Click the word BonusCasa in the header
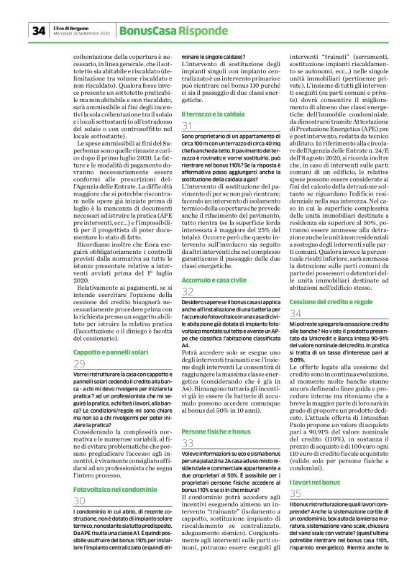145,30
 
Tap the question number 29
79,364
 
